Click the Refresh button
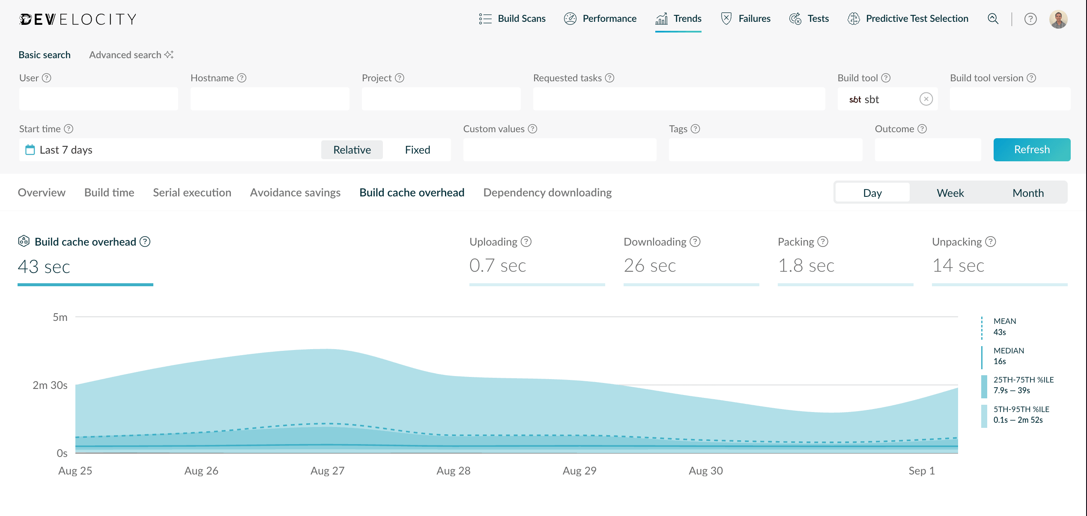point(1031,150)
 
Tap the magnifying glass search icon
point(993,19)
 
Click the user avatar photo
point(1058,19)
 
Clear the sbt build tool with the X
point(926,99)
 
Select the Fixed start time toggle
point(417,150)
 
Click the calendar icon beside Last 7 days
point(30,150)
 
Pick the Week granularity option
point(950,193)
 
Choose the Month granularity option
point(1027,193)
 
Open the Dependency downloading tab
point(547,193)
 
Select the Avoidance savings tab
point(295,193)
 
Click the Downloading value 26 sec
point(649,266)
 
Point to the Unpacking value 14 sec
point(958,266)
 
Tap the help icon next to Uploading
point(526,242)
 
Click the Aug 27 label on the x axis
point(327,471)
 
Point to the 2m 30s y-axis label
point(50,385)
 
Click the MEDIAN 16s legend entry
point(1008,356)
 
